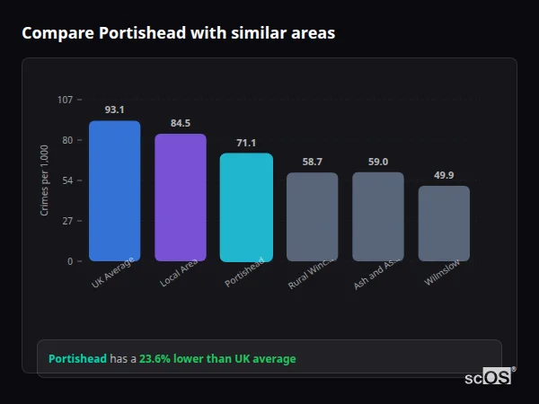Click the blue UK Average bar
point(114,190)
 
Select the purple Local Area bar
point(181,198)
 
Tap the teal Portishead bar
point(246,206)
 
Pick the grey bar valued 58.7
point(313,216)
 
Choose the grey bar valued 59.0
point(378,216)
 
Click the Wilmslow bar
point(444,224)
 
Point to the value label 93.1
point(114,110)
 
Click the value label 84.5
point(181,123)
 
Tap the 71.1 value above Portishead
point(246,143)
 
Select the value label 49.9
point(444,175)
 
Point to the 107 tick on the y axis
point(65,100)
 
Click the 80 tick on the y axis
point(66,140)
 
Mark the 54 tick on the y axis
point(66,180)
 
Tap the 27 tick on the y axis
point(66,221)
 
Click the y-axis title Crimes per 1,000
point(45,180)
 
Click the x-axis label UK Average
point(113,274)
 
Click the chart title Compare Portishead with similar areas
point(178,33)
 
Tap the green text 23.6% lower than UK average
point(217,358)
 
